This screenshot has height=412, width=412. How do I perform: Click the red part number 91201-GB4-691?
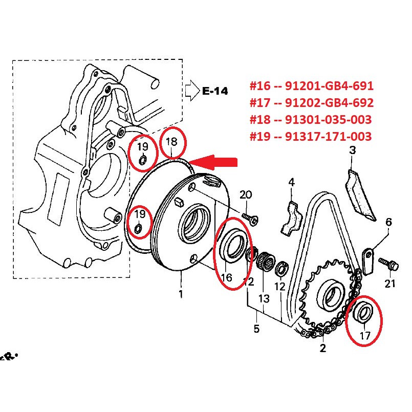(x=329, y=86)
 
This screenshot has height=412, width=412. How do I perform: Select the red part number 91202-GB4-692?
(x=329, y=103)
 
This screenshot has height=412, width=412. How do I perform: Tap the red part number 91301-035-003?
(x=329, y=120)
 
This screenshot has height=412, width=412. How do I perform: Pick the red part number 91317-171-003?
(x=329, y=136)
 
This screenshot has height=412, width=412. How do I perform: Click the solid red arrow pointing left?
(x=213, y=162)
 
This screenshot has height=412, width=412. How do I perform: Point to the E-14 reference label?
(x=215, y=91)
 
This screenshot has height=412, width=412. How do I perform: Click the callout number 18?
(x=172, y=142)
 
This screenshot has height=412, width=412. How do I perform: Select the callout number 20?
(x=246, y=194)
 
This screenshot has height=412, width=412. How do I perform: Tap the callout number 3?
(x=352, y=150)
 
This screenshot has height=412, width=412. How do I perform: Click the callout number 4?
(x=292, y=182)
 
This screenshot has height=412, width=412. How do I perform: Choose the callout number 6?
(x=388, y=222)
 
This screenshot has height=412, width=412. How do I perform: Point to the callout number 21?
(x=390, y=284)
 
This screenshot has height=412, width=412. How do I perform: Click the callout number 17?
(x=365, y=336)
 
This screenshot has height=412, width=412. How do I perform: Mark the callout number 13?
(x=264, y=299)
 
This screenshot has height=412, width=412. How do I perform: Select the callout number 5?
(x=256, y=329)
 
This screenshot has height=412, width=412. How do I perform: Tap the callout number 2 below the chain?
(x=323, y=348)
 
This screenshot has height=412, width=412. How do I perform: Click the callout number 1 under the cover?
(x=181, y=294)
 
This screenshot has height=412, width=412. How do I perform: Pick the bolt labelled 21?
(x=388, y=264)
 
